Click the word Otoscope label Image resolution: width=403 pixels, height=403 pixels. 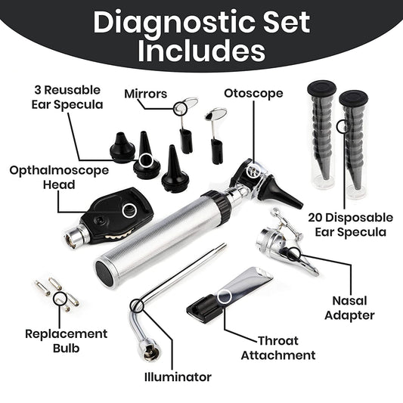(x=253, y=93)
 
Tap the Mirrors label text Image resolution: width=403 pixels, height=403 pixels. (x=145, y=94)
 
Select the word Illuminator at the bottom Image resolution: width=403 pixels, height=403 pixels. (x=178, y=377)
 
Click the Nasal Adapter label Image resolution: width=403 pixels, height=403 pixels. (x=349, y=308)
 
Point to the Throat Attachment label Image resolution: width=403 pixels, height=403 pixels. (x=278, y=348)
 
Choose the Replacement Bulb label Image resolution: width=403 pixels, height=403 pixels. (x=67, y=341)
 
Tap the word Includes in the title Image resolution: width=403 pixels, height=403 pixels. (x=201, y=50)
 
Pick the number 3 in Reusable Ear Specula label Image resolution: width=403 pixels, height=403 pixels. (x=38, y=90)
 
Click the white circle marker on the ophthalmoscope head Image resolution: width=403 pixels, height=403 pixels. (x=129, y=210)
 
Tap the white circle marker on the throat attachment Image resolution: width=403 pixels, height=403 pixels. (x=225, y=296)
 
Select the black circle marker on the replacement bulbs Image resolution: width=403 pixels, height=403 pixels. (x=60, y=299)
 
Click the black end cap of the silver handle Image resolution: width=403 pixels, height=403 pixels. (x=104, y=273)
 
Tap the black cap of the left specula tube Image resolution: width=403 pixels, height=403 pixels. (x=321, y=88)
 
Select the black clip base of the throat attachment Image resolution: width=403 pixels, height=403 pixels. (x=204, y=308)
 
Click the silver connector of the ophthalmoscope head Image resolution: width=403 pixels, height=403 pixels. (x=76, y=235)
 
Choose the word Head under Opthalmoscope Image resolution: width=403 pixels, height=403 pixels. (x=59, y=184)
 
